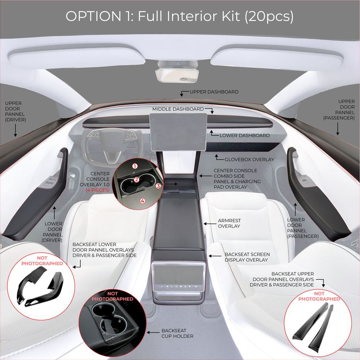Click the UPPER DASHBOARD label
[214, 92]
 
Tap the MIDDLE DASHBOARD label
[178, 109]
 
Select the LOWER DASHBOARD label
[245, 136]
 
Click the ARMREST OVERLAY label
[229, 223]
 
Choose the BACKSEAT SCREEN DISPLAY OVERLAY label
[247, 257]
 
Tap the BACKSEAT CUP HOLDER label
[177, 333]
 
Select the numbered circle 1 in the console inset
[135, 166]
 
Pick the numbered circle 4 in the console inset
[143, 201]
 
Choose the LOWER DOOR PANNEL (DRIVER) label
[53, 232]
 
